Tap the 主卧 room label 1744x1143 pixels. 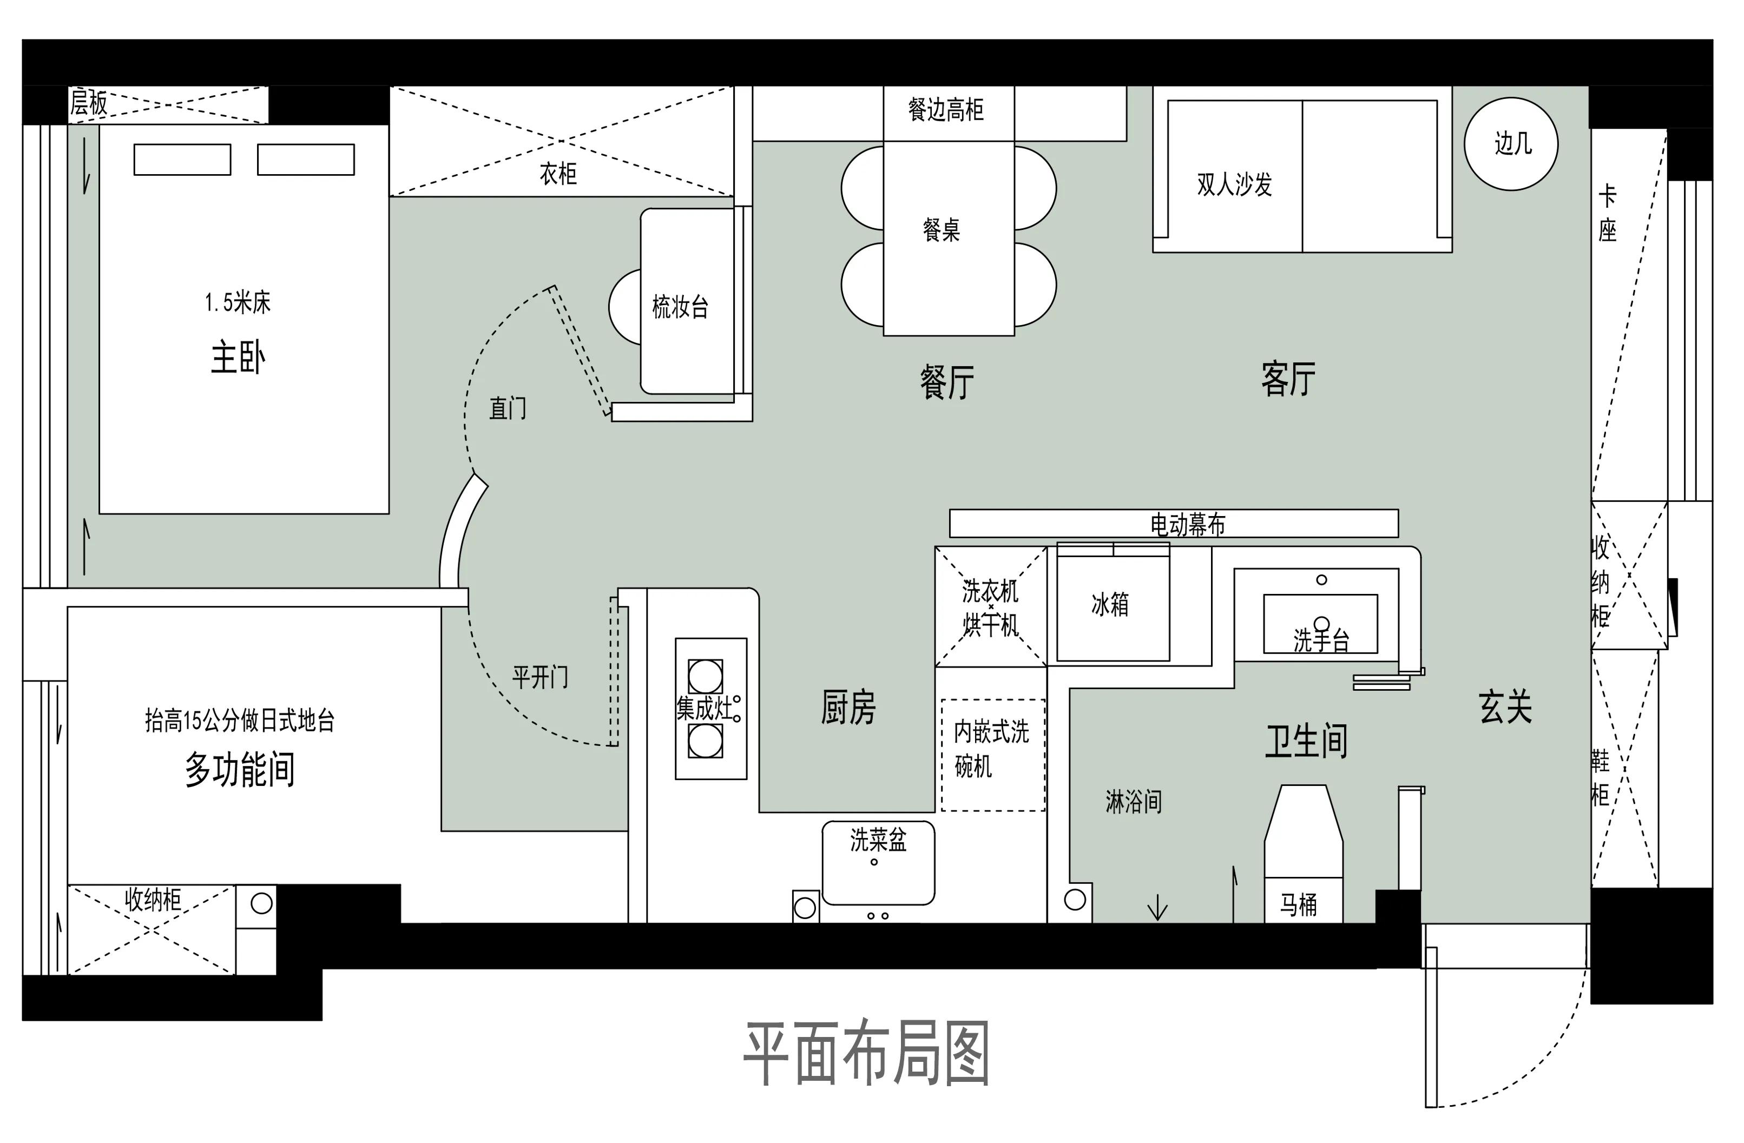238,358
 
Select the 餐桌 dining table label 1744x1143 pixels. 942,230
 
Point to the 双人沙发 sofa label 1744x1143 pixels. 1235,184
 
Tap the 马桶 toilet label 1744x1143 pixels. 1299,905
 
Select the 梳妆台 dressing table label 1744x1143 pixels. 681,306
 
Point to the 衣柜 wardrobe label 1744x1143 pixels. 558,174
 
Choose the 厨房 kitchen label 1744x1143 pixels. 848,708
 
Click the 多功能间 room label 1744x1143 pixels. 240,769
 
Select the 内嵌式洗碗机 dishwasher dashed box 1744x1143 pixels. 993,755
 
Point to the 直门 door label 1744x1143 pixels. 507,408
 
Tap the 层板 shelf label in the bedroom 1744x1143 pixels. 89,103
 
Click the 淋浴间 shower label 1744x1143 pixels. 1133,802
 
